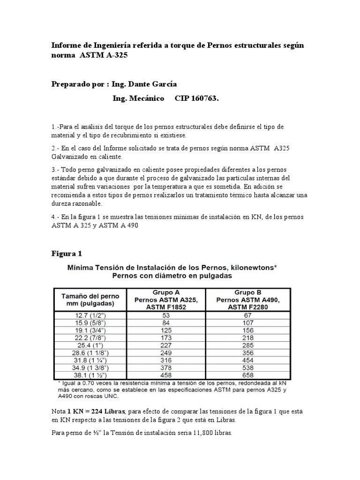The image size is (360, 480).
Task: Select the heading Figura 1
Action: (67, 254)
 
